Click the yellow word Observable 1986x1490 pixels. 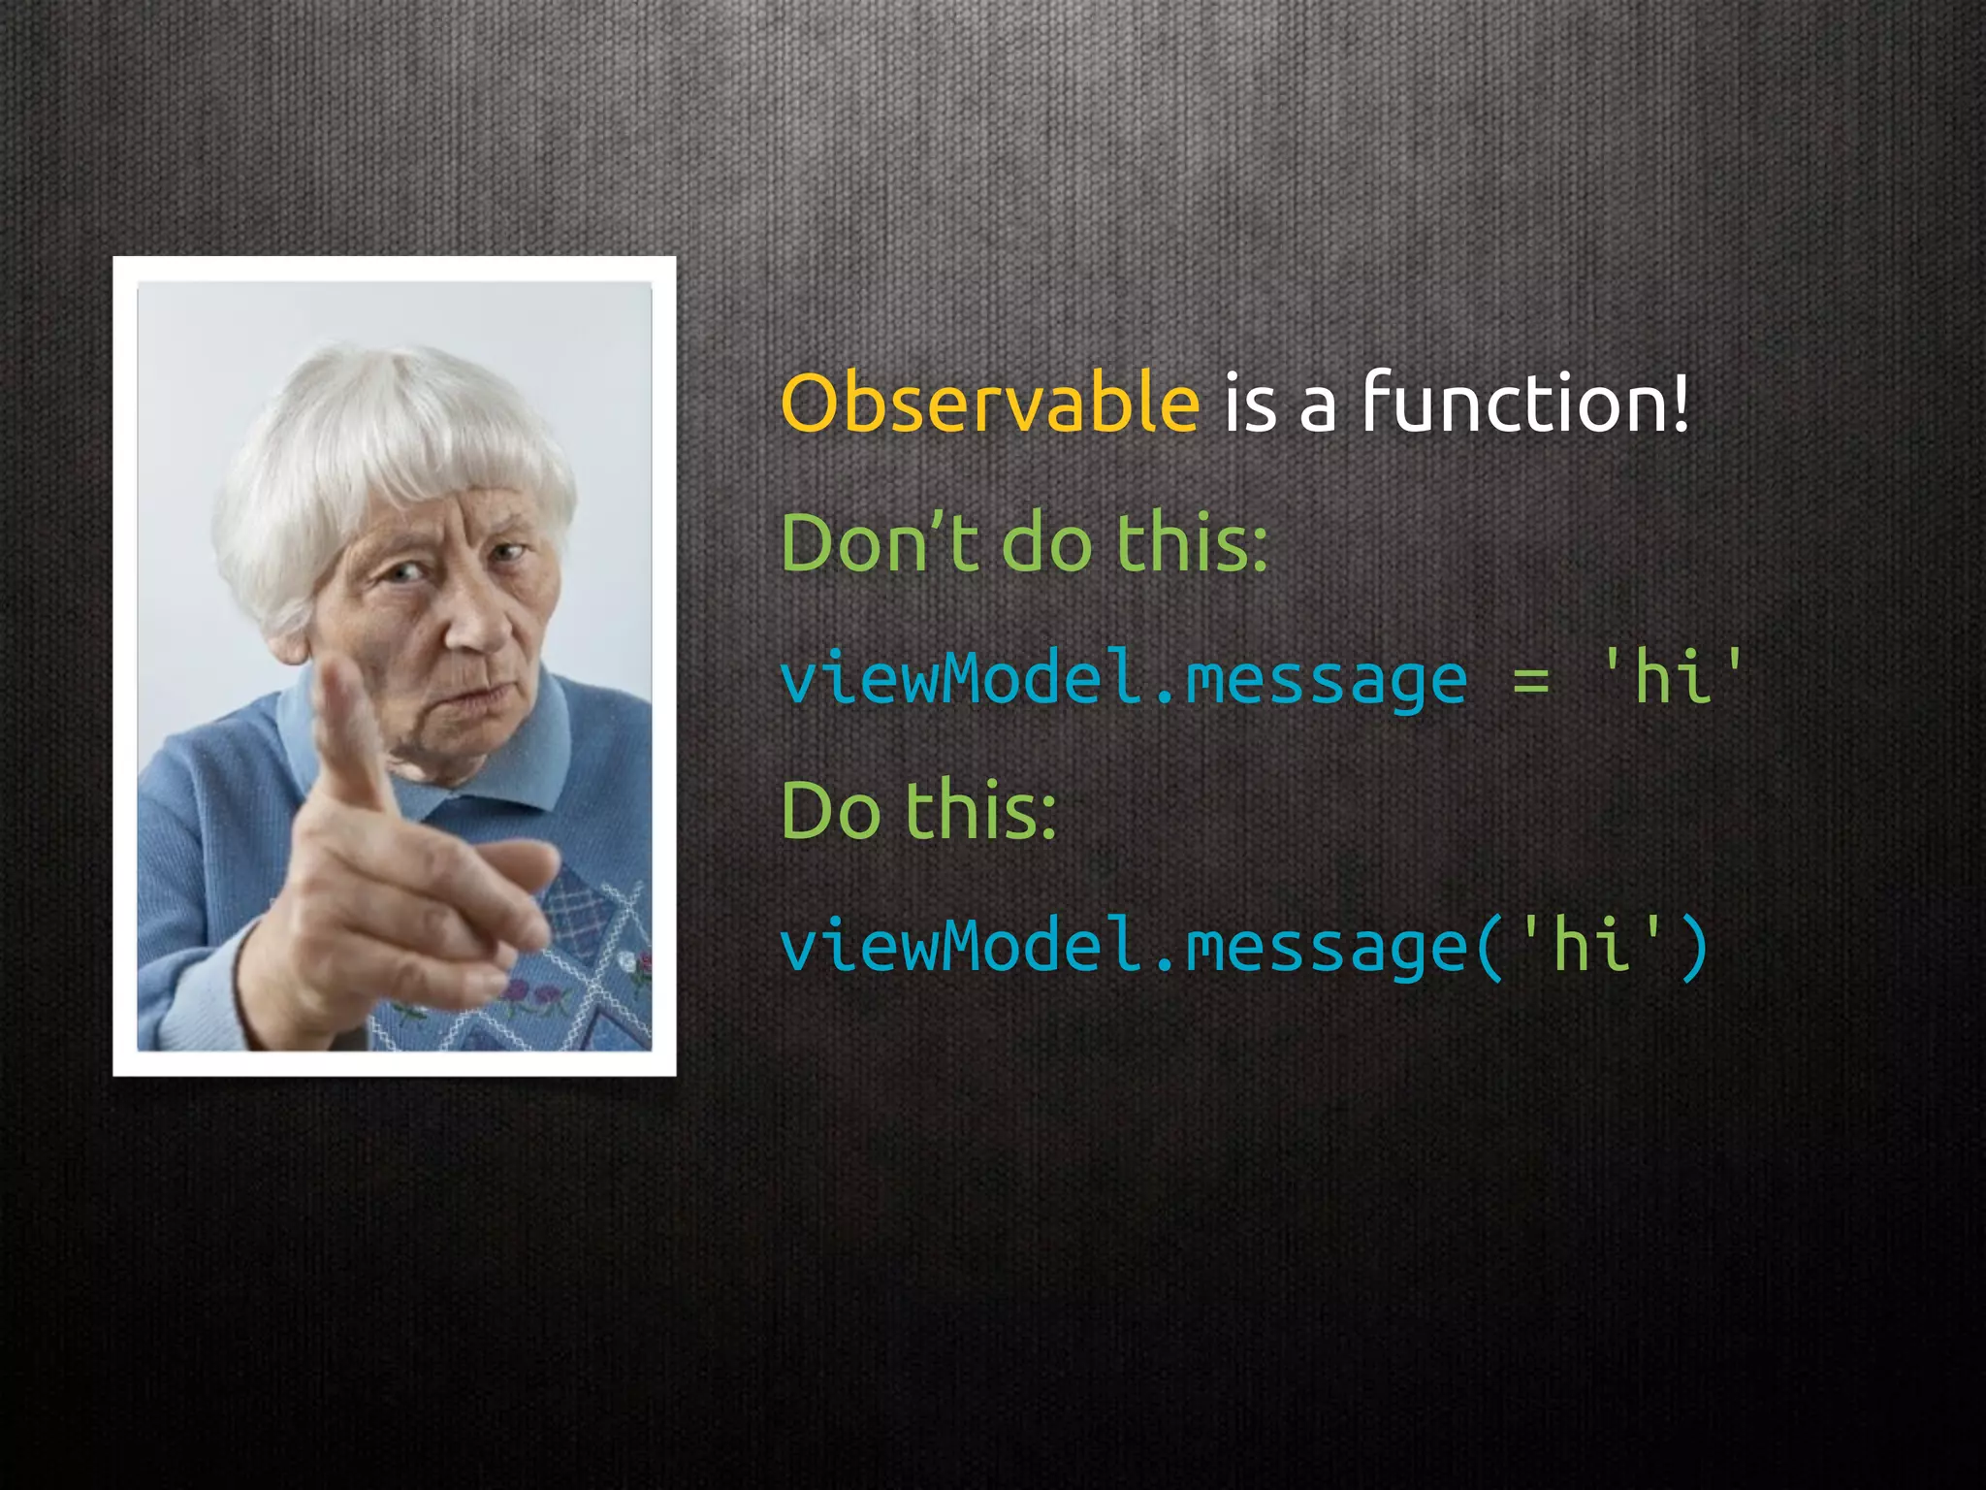coord(989,404)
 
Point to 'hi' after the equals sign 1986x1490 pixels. coord(1672,676)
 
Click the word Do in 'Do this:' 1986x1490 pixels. coord(830,811)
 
